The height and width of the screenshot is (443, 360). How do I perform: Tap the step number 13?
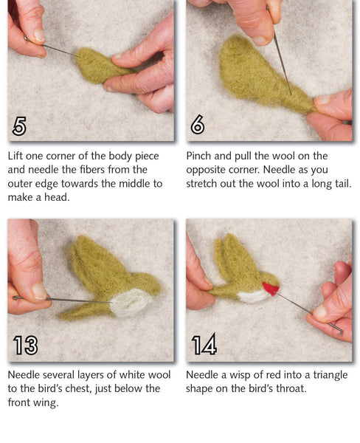click(x=25, y=345)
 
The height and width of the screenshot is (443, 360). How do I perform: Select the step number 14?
click(x=204, y=345)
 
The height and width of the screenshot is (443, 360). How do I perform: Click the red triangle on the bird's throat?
click(x=271, y=288)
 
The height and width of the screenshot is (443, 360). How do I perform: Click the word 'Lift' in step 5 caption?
click(x=17, y=157)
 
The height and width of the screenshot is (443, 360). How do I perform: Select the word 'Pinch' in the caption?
click(x=201, y=157)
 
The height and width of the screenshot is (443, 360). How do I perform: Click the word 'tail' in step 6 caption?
click(x=340, y=184)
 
